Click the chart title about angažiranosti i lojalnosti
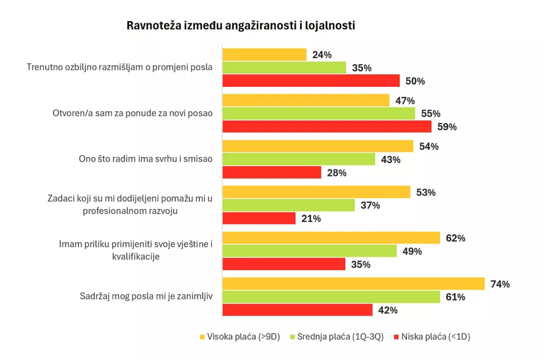(240, 25)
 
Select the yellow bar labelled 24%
(264, 55)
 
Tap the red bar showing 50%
(311, 80)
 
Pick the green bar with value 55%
(319, 113)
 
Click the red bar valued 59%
(327, 127)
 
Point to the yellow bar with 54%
(318, 146)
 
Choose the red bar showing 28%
(272, 173)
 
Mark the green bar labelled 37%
(288, 205)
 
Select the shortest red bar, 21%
(259, 218)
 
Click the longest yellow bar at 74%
(353, 284)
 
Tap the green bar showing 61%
(331, 297)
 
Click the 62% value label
(455, 238)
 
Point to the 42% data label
(388, 310)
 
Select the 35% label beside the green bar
(362, 68)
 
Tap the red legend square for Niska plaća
(394, 337)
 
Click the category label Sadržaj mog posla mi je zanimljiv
(142, 296)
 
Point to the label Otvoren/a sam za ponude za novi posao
(132, 113)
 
